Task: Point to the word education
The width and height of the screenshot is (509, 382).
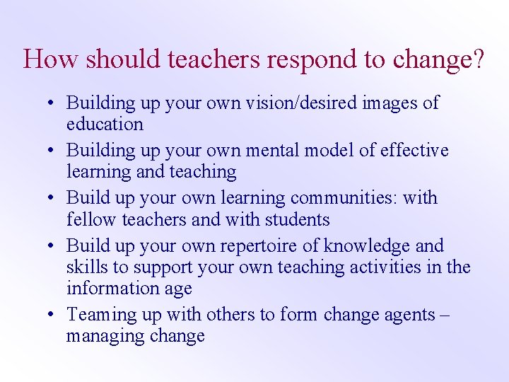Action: pos(105,125)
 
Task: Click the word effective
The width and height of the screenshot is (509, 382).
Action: pos(414,151)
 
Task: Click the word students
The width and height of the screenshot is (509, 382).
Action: pos(296,220)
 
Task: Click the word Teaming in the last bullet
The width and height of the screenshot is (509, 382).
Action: pos(99,316)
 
